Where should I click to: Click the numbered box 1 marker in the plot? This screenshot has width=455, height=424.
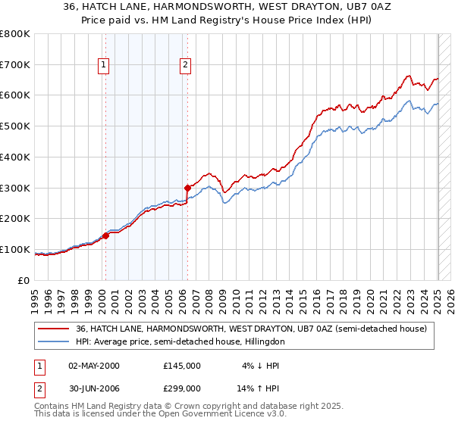(x=103, y=66)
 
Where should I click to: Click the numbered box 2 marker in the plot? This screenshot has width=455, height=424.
(x=185, y=66)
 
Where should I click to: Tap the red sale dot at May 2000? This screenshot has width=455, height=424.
(x=105, y=235)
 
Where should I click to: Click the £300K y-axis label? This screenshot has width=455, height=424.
(x=16, y=188)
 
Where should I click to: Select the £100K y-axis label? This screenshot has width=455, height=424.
(x=16, y=249)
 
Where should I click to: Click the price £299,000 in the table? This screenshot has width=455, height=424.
(x=182, y=388)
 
